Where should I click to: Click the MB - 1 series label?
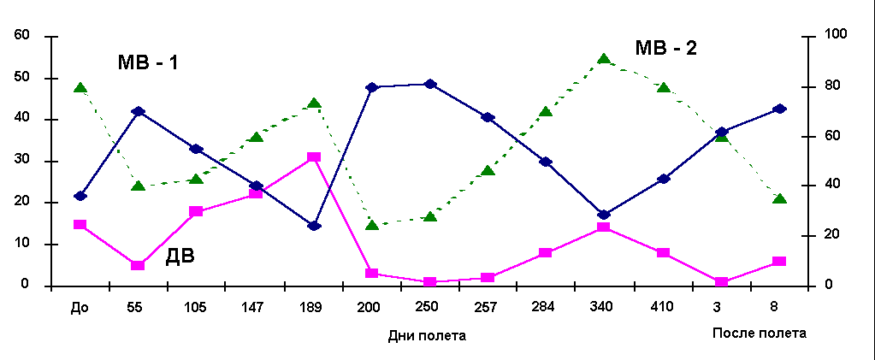click(x=148, y=62)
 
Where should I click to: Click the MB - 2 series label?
click(x=666, y=48)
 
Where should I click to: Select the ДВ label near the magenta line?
click(x=180, y=255)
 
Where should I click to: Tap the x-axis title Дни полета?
click(x=427, y=335)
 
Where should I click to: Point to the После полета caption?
click(x=760, y=333)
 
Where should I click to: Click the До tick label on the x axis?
click(x=80, y=305)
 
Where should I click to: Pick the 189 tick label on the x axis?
click(x=314, y=305)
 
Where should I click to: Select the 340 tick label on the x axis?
click(x=604, y=305)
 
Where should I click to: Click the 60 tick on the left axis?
click(x=21, y=36)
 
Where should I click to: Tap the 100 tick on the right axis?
click(x=834, y=35)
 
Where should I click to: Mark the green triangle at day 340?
click(x=604, y=59)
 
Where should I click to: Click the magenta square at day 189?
click(x=314, y=157)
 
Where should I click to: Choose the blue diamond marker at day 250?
click(x=430, y=84)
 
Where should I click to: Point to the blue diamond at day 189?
click(x=314, y=226)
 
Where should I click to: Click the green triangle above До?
click(x=80, y=88)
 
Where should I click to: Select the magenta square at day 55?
click(x=138, y=265)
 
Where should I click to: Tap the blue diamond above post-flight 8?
click(x=779, y=109)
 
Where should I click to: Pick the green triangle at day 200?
click(x=372, y=225)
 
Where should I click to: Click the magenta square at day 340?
click(x=604, y=227)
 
